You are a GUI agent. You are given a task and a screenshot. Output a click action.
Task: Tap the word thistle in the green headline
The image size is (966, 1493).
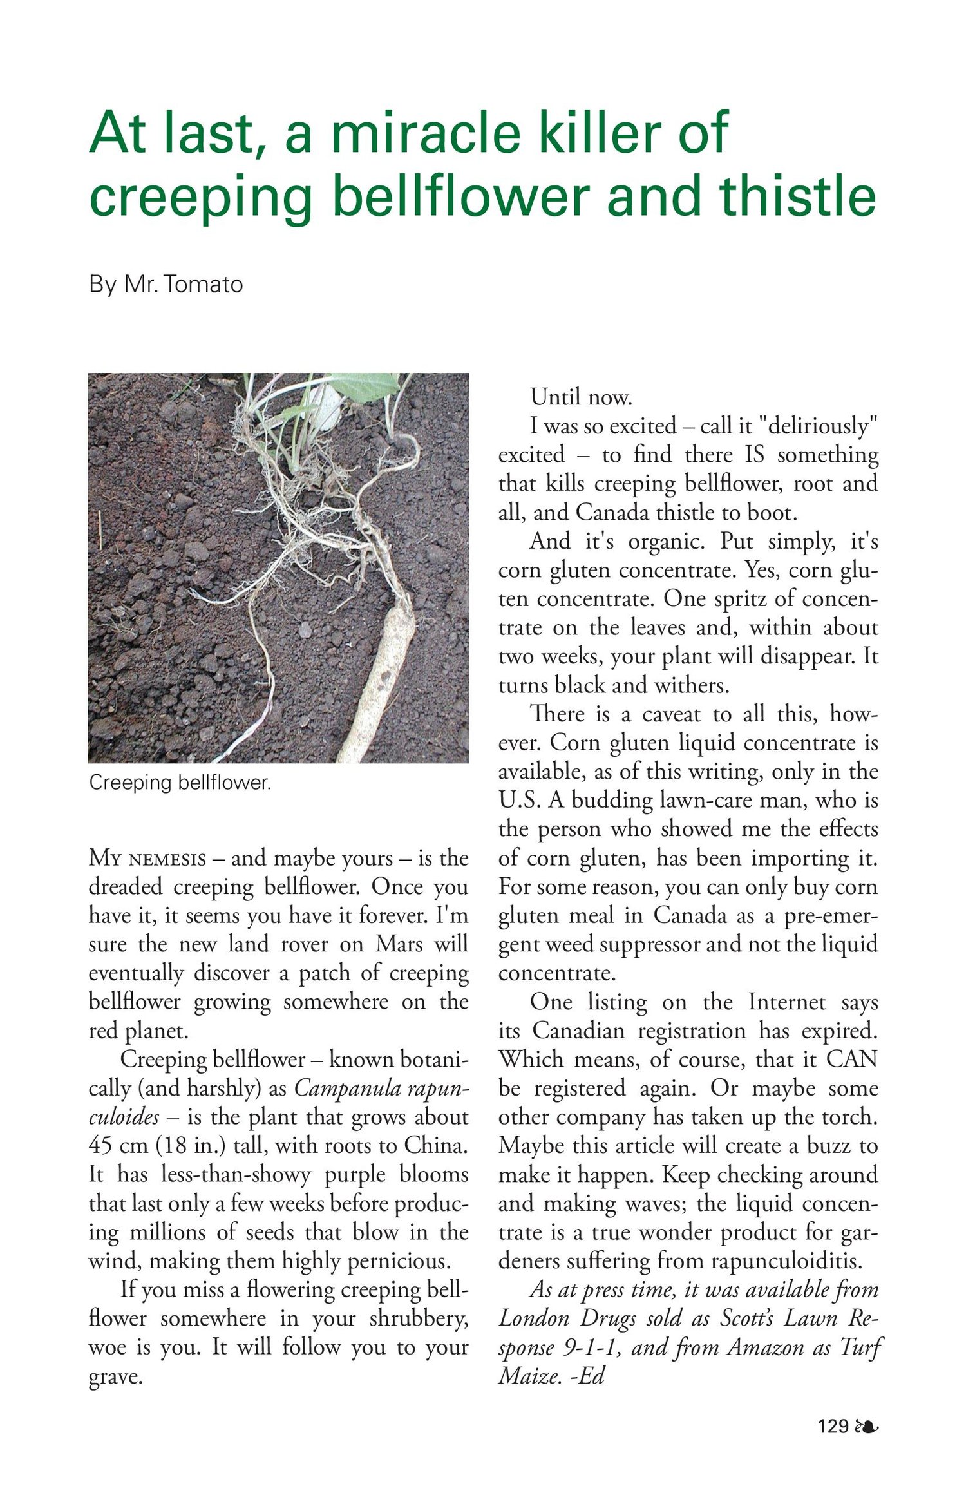tap(797, 196)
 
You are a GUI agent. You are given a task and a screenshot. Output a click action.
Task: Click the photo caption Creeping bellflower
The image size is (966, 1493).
tap(180, 783)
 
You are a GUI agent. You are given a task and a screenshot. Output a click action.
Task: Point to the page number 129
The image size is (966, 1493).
tap(833, 1426)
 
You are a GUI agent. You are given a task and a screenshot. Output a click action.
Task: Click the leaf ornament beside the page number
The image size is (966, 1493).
tap(866, 1426)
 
